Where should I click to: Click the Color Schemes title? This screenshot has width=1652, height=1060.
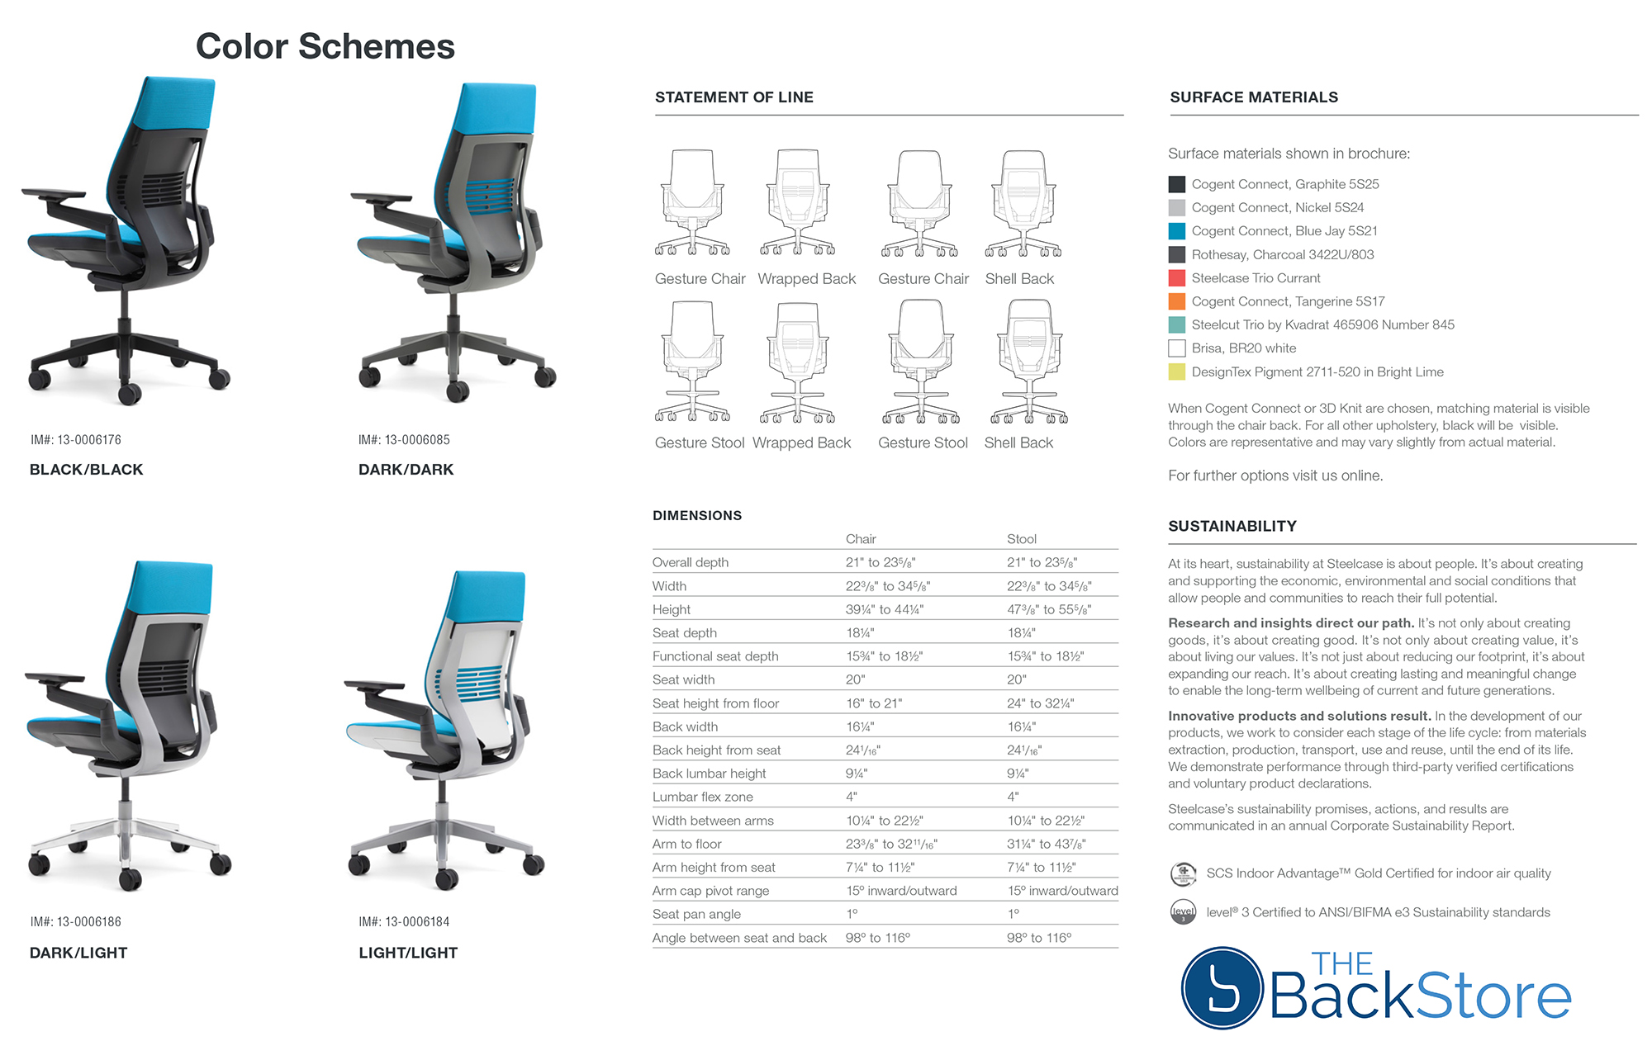pyautogui.click(x=325, y=46)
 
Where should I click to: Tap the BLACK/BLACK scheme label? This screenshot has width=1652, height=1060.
pyautogui.click(x=87, y=470)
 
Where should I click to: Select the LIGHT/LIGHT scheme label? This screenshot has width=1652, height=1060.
pyautogui.click(x=408, y=953)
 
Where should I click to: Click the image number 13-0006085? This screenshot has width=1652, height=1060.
pyautogui.click(x=404, y=440)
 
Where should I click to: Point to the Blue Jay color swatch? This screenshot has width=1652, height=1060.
pyautogui.click(x=1177, y=231)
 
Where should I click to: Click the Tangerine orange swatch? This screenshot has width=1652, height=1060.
pyautogui.click(x=1177, y=301)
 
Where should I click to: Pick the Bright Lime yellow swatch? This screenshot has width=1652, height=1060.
pyautogui.click(x=1177, y=372)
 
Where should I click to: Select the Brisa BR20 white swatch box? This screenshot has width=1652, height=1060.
pyautogui.click(x=1177, y=348)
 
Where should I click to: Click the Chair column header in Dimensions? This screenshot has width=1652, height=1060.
pyautogui.click(x=861, y=539)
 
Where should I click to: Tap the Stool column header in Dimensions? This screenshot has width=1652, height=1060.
pyautogui.click(x=1022, y=539)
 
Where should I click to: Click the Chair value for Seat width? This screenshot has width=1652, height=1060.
pyautogui.click(x=855, y=679)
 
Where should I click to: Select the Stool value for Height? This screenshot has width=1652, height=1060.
pyautogui.click(x=1049, y=609)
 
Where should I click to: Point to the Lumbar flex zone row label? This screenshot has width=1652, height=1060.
pyautogui.click(x=703, y=797)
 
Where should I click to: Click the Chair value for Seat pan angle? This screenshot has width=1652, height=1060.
pyautogui.click(x=852, y=914)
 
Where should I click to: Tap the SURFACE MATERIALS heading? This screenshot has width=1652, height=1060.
pyautogui.click(x=1254, y=97)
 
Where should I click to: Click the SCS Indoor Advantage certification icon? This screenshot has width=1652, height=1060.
pyautogui.click(x=1183, y=873)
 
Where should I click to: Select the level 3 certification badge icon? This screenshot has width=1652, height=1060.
pyautogui.click(x=1183, y=912)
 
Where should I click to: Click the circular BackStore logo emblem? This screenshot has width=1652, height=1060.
pyautogui.click(x=1222, y=988)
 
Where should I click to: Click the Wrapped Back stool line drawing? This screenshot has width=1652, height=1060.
pyautogui.click(x=798, y=362)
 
